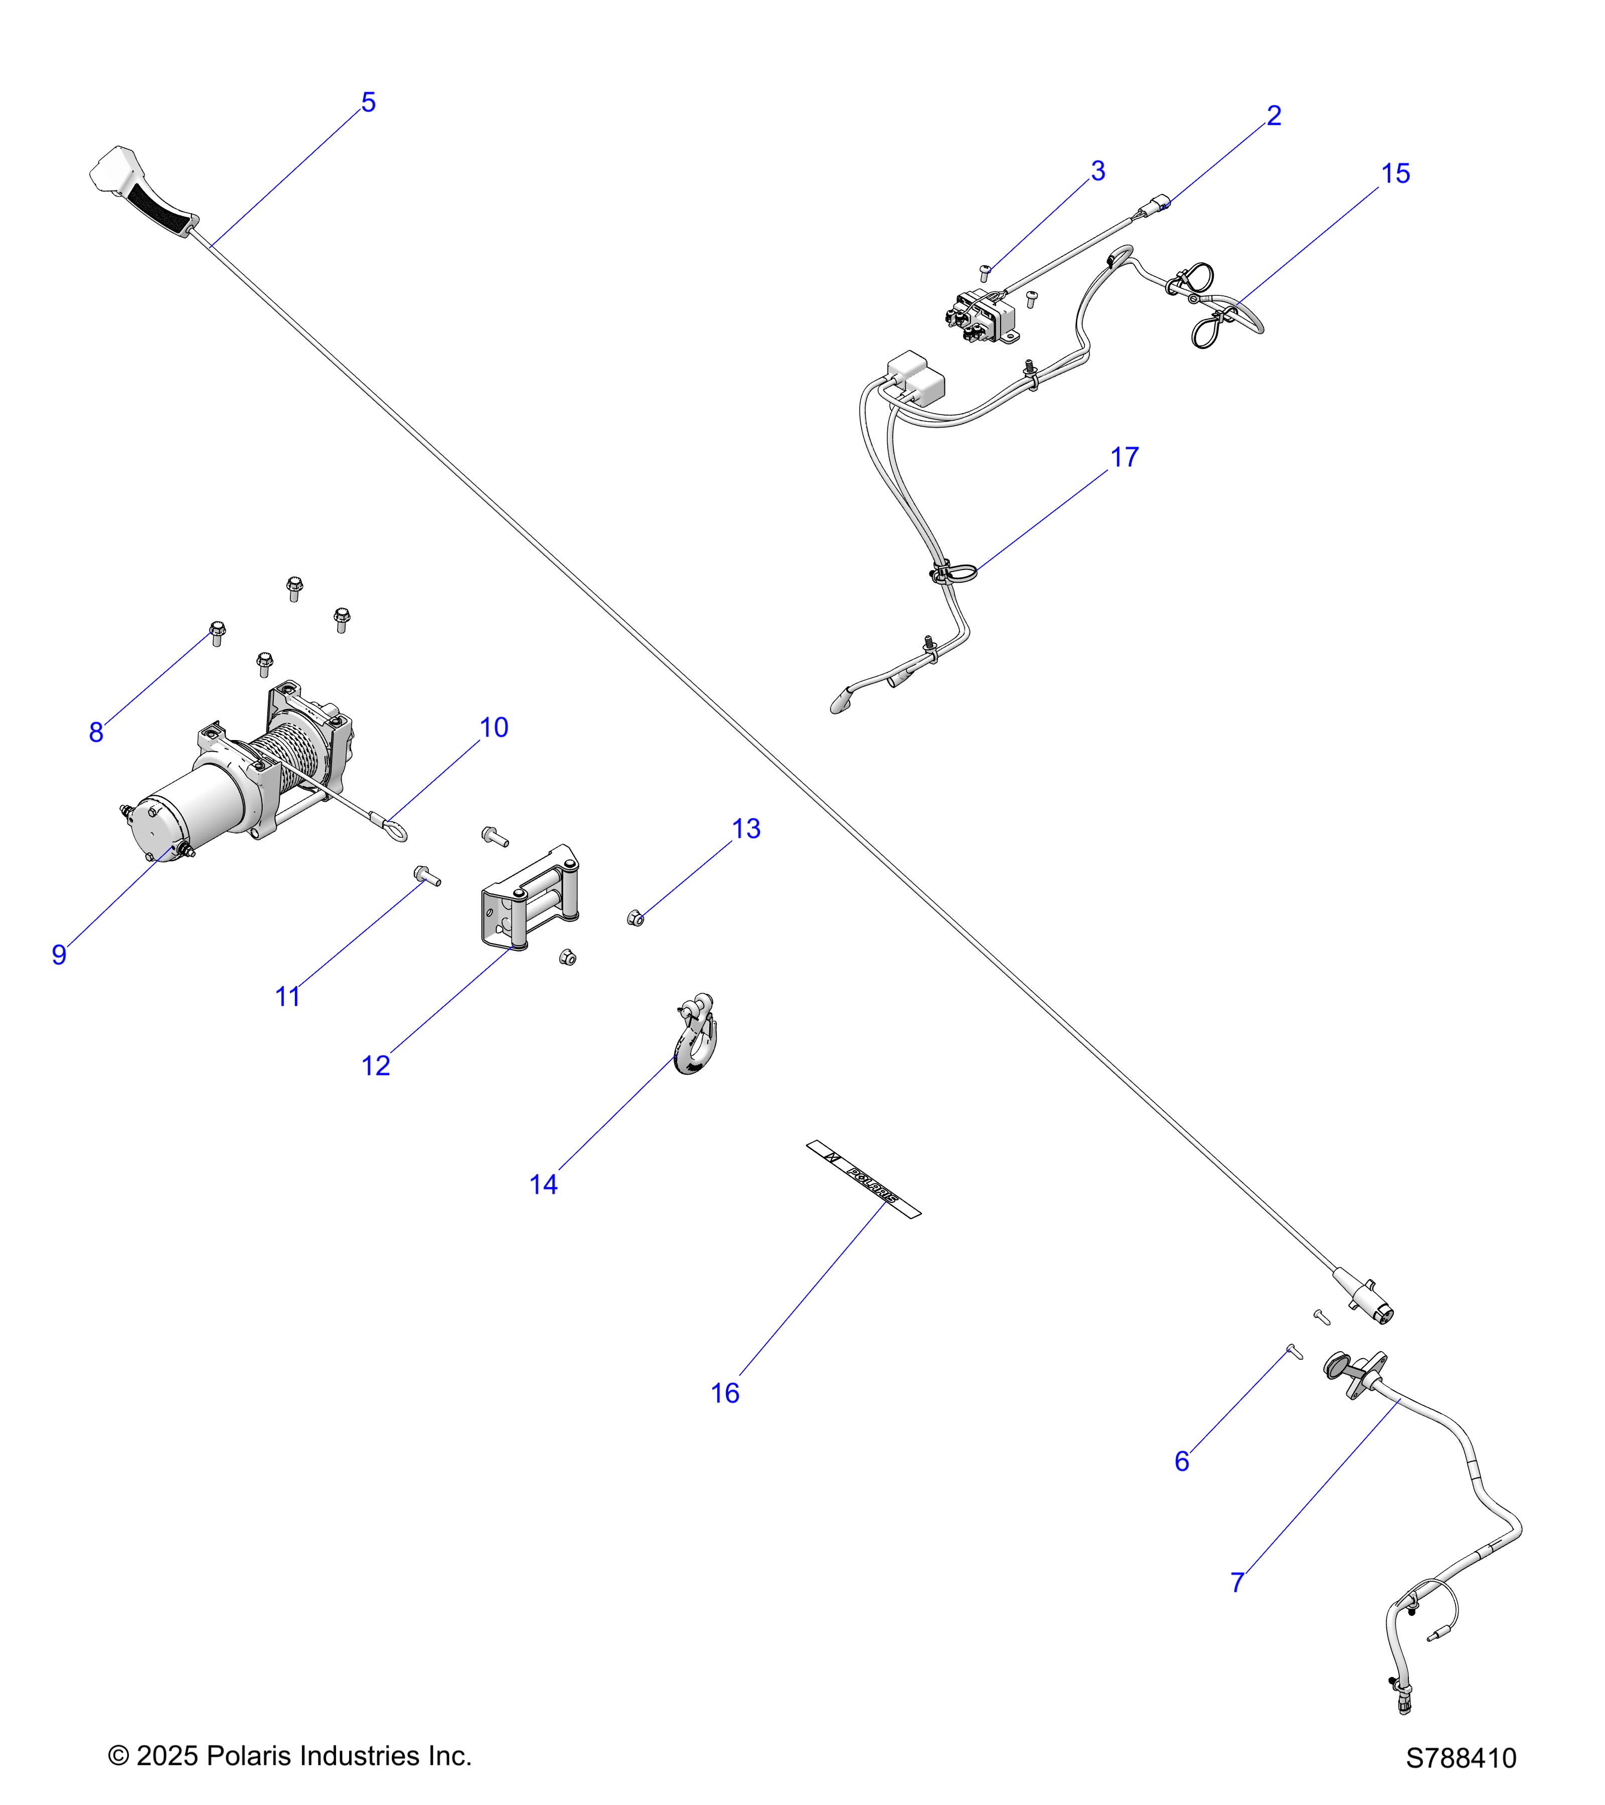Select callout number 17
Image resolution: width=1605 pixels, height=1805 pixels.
1125,457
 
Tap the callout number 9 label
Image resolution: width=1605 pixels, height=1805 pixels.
59,955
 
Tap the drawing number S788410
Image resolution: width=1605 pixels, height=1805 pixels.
1461,1758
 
